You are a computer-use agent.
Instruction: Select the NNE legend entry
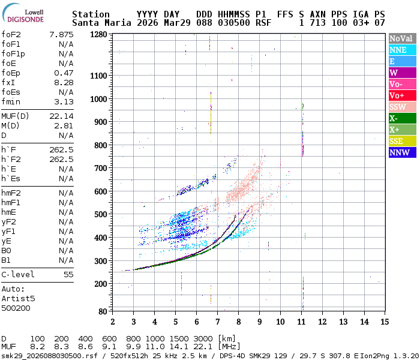pos(401,50)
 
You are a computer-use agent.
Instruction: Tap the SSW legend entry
pos(401,107)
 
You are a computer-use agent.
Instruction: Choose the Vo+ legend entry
pos(401,95)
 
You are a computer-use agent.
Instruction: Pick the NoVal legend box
pos(401,38)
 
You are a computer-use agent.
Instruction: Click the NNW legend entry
pos(401,152)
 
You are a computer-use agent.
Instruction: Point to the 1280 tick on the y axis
pos(98,34)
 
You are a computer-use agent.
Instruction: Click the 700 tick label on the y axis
pos(98,168)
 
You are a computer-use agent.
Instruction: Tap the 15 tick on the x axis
pos(384,322)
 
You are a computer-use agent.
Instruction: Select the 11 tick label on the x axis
pos(301,322)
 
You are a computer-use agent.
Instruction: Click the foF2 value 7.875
pos(62,34)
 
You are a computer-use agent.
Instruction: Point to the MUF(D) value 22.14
pos(62,116)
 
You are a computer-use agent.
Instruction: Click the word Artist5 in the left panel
pos(18,298)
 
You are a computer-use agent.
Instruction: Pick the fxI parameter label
pos(8,82)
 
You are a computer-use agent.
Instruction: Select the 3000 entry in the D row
pos(203,339)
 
